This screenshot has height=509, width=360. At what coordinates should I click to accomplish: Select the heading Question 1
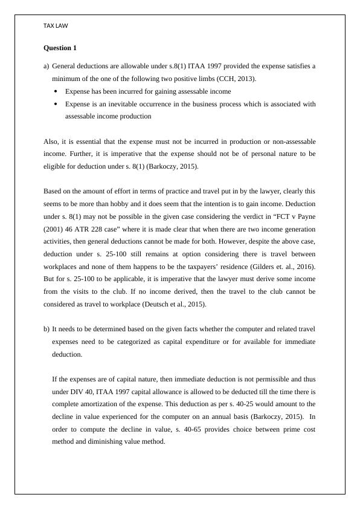click(x=60, y=47)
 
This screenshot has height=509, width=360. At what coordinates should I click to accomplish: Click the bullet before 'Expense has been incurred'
click(x=56, y=91)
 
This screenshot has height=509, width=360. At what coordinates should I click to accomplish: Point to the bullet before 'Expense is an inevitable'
click(x=56, y=104)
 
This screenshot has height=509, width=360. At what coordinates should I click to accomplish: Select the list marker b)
click(x=47, y=329)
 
